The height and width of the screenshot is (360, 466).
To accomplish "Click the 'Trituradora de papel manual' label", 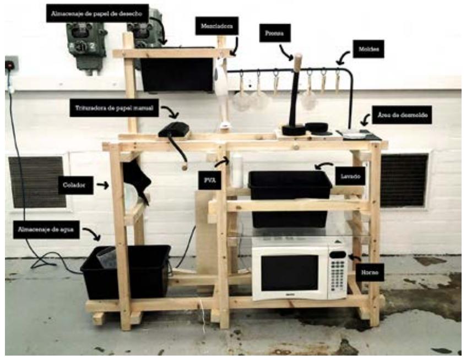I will pos(114,107).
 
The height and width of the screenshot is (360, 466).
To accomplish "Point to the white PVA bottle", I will pos(236,170).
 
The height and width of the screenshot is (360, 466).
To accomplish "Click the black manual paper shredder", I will pos(174,129).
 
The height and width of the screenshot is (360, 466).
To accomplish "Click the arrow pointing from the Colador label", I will pos(102,186).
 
